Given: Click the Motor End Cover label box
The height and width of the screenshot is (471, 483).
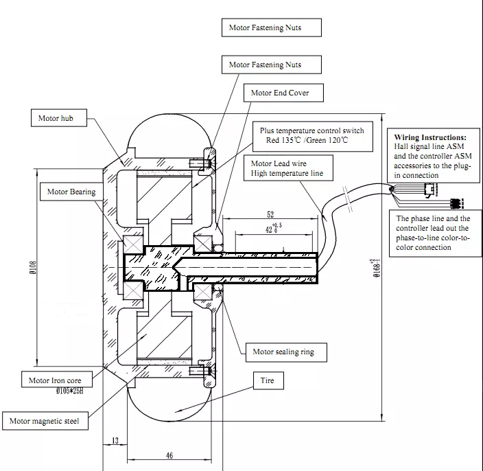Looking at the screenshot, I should coord(280,93).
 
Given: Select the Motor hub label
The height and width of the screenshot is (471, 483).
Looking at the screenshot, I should coord(60,119).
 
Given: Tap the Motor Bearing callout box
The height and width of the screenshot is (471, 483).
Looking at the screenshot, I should coord(71,192).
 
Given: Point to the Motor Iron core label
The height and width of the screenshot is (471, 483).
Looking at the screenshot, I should coord(55,380).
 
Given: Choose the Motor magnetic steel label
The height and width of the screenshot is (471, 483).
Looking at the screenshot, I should coord(48,421).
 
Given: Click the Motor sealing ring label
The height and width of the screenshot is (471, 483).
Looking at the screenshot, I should coord(283,352).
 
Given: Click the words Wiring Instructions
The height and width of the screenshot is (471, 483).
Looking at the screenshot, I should coord(429,137).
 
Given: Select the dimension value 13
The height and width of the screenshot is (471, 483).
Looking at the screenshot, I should coord(114,440).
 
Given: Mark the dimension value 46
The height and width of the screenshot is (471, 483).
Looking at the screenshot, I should coord(169,455).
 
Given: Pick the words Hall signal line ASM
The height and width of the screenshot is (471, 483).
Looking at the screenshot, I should coord(426,147).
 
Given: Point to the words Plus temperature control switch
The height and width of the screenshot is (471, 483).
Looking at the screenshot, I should coord(311,130).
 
